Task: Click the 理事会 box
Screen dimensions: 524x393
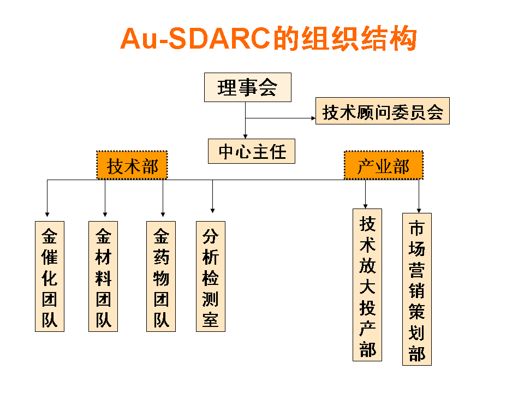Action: (x=248, y=87)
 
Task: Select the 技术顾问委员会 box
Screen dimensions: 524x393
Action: (x=382, y=111)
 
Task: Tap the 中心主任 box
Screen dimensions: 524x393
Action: (x=251, y=151)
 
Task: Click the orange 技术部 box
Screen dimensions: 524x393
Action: (x=132, y=165)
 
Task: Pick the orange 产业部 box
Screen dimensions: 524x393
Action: (x=384, y=165)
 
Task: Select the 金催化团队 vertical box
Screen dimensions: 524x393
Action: (x=50, y=276)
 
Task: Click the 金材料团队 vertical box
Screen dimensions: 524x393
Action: (x=103, y=276)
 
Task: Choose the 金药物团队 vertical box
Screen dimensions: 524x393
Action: (x=160, y=276)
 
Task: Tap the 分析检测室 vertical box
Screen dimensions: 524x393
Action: (x=211, y=276)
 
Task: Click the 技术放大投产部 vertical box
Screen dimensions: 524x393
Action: (x=367, y=285)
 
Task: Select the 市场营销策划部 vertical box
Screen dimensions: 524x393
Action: (x=416, y=289)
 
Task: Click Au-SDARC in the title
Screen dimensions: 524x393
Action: (x=195, y=38)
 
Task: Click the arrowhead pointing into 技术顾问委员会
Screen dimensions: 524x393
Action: (x=313, y=118)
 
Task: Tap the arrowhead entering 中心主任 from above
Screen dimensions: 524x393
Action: (x=245, y=136)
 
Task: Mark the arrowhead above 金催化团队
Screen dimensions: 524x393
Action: (x=47, y=214)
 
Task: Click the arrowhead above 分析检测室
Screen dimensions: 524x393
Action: (x=212, y=211)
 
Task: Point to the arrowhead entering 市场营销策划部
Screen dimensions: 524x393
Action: (x=419, y=211)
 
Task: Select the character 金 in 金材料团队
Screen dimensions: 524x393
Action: (x=103, y=236)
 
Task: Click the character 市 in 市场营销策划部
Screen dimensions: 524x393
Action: (x=416, y=228)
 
